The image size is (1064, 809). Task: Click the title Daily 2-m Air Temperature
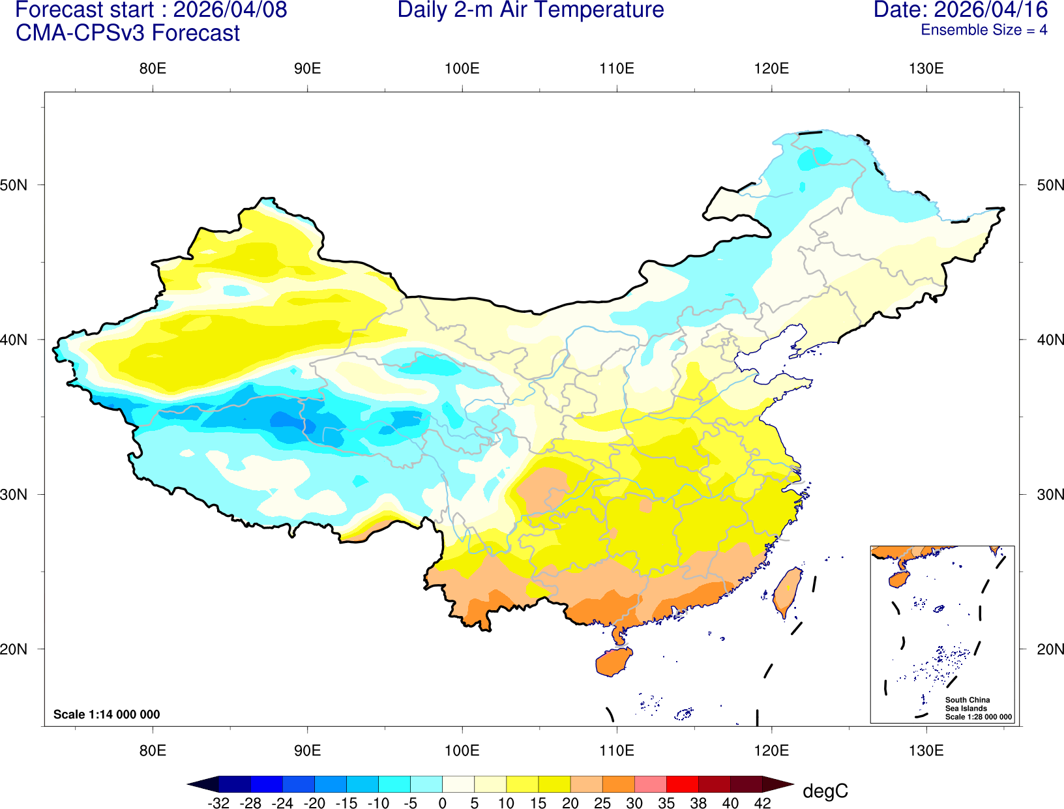pos(531,10)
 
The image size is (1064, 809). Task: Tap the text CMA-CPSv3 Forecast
pos(128,33)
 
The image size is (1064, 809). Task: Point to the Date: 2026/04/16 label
pos(960,10)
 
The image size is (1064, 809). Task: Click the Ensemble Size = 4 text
pos(984,30)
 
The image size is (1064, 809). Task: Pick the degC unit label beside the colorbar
pos(825,791)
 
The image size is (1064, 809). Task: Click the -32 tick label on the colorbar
pos(218,803)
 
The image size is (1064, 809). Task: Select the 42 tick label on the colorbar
pos(762,803)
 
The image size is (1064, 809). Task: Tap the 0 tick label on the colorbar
pos(442,803)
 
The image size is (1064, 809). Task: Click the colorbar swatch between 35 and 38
pos(682,784)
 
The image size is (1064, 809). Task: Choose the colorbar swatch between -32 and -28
pos(235,784)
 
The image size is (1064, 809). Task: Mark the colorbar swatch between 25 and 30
pos(618,784)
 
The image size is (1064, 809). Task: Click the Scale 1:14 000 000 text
pos(106,714)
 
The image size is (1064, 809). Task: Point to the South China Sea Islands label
pos(967,704)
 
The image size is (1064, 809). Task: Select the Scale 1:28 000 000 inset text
pos(979,717)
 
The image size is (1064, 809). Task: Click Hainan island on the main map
pos(613,662)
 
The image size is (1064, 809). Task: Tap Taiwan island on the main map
pos(787,591)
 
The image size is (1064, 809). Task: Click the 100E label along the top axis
pos(462,69)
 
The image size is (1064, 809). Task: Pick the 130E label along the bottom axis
pos(926,750)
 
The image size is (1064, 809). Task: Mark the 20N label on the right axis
pos(1050,649)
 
